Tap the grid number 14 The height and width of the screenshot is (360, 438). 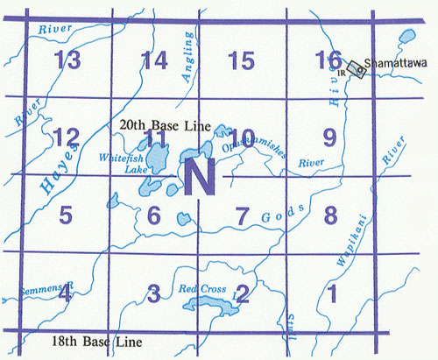point(154,60)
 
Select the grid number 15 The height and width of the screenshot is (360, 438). point(240,60)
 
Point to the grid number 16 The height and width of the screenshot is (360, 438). point(328,60)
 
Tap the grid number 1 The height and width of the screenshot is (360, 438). point(330,292)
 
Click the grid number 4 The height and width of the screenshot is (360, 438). point(66,292)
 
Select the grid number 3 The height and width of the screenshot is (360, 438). point(154,292)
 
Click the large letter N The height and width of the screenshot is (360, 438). point(199,179)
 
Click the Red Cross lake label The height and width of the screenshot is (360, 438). point(197,288)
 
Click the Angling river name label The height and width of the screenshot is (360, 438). point(187,65)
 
